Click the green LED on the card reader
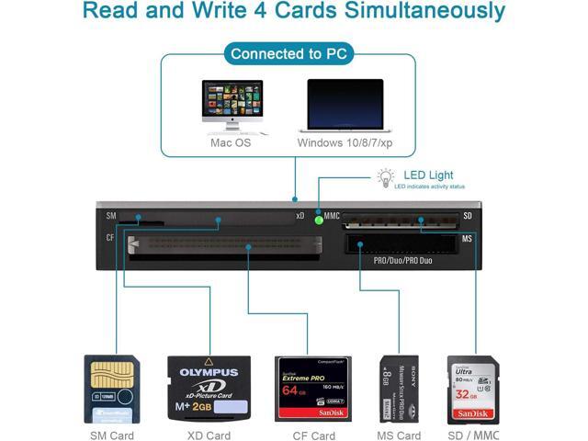coord(319,219)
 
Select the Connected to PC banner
coord(288,53)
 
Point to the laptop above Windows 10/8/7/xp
coord(345,107)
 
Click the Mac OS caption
coord(231,143)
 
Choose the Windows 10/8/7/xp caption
coord(345,143)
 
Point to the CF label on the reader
coord(109,238)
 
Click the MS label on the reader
coord(467,239)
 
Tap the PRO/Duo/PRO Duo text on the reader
coord(402,261)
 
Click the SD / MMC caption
coord(474,435)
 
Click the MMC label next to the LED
coord(333,215)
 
